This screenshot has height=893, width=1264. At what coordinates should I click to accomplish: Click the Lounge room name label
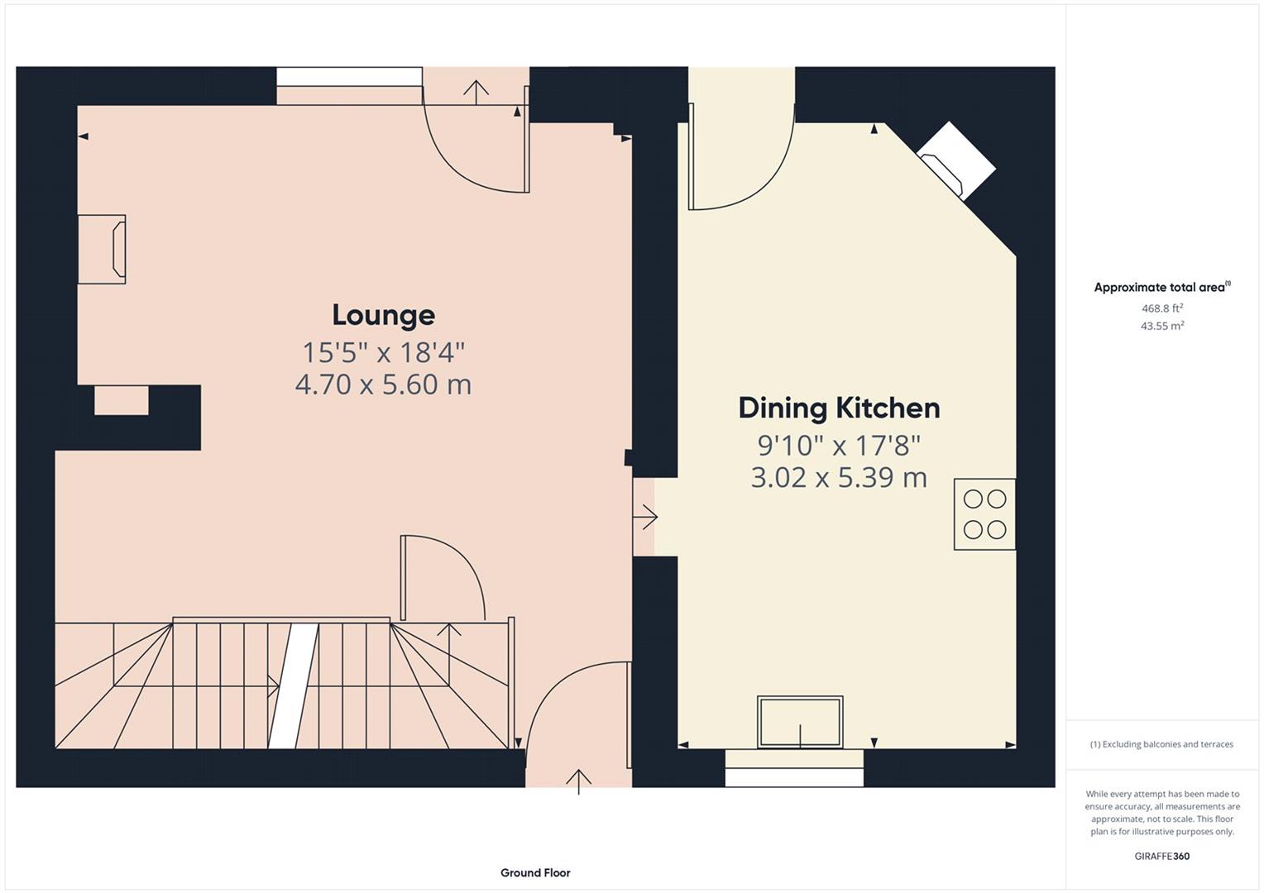(x=383, y=315)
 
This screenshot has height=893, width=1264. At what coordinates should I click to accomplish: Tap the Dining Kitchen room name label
(x=839, y=408)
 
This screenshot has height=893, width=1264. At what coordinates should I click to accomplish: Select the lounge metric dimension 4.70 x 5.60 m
(x=383, y=384)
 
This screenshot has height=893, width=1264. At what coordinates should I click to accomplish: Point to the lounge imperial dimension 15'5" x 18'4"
(x=383, y=352)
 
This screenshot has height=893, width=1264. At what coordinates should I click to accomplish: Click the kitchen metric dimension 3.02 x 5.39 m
(x=839, y=477)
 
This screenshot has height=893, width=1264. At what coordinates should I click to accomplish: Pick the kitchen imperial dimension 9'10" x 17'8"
(x=839, y=446)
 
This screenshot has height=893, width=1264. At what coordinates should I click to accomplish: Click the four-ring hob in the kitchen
(x=984, y=513)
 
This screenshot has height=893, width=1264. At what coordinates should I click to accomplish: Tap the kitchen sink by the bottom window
(x=800, y=722)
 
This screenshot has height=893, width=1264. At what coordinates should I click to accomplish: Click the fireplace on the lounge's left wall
(x=103, y=249)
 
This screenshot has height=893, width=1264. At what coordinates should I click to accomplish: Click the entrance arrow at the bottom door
(x=578, y=780)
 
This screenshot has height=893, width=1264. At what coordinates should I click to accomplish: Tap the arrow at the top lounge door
(x=476, y=90)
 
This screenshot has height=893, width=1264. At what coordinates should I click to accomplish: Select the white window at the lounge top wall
(x=349, y=77)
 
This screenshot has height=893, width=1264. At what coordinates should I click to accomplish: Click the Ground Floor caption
(x=535, y=872)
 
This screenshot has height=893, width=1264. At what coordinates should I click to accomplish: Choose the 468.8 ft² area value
(x=1162, y=308)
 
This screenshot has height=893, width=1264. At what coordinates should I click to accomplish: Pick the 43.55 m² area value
(x=1162, y=326)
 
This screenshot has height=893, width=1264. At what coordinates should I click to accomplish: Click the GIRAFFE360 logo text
(x=1162, y=856)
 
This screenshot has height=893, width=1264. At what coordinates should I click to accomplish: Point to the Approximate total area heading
(x=1160, y=288)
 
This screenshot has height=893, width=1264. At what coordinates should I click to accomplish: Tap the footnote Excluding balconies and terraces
(x=1161, y=744)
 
